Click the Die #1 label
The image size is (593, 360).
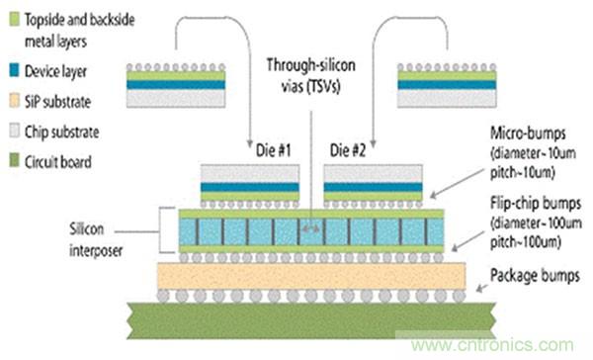tap(273, 150)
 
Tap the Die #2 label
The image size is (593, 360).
tap(348, 150)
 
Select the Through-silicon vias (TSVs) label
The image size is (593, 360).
tap(311, 75)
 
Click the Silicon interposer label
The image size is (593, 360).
tap(96, 239)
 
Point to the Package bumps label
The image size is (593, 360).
tap(535, 276)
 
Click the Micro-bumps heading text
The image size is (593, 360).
tap(528, 134)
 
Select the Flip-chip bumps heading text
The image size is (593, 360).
tap(536, 204)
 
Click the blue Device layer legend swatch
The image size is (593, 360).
tap(14, 70)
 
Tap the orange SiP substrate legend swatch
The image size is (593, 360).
tap(14, 100)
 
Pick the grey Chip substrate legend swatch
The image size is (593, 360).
tap(14, 131)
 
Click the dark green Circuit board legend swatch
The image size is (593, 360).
tap(14, 160)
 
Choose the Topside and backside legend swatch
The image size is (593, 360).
tap(14, 19)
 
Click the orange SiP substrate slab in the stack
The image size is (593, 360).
tap(311, 276)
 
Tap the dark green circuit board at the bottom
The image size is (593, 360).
tap(311, 320)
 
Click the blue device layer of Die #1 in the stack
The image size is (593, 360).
tap(250, 187)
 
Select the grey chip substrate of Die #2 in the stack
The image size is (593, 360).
tap(373, 173)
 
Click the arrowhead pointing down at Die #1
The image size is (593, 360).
tap(250, 144)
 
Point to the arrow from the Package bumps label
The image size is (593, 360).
tap(481, 288)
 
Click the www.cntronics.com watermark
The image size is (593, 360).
tap(492, 345)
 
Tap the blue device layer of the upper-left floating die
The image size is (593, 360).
tap(176, 85)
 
